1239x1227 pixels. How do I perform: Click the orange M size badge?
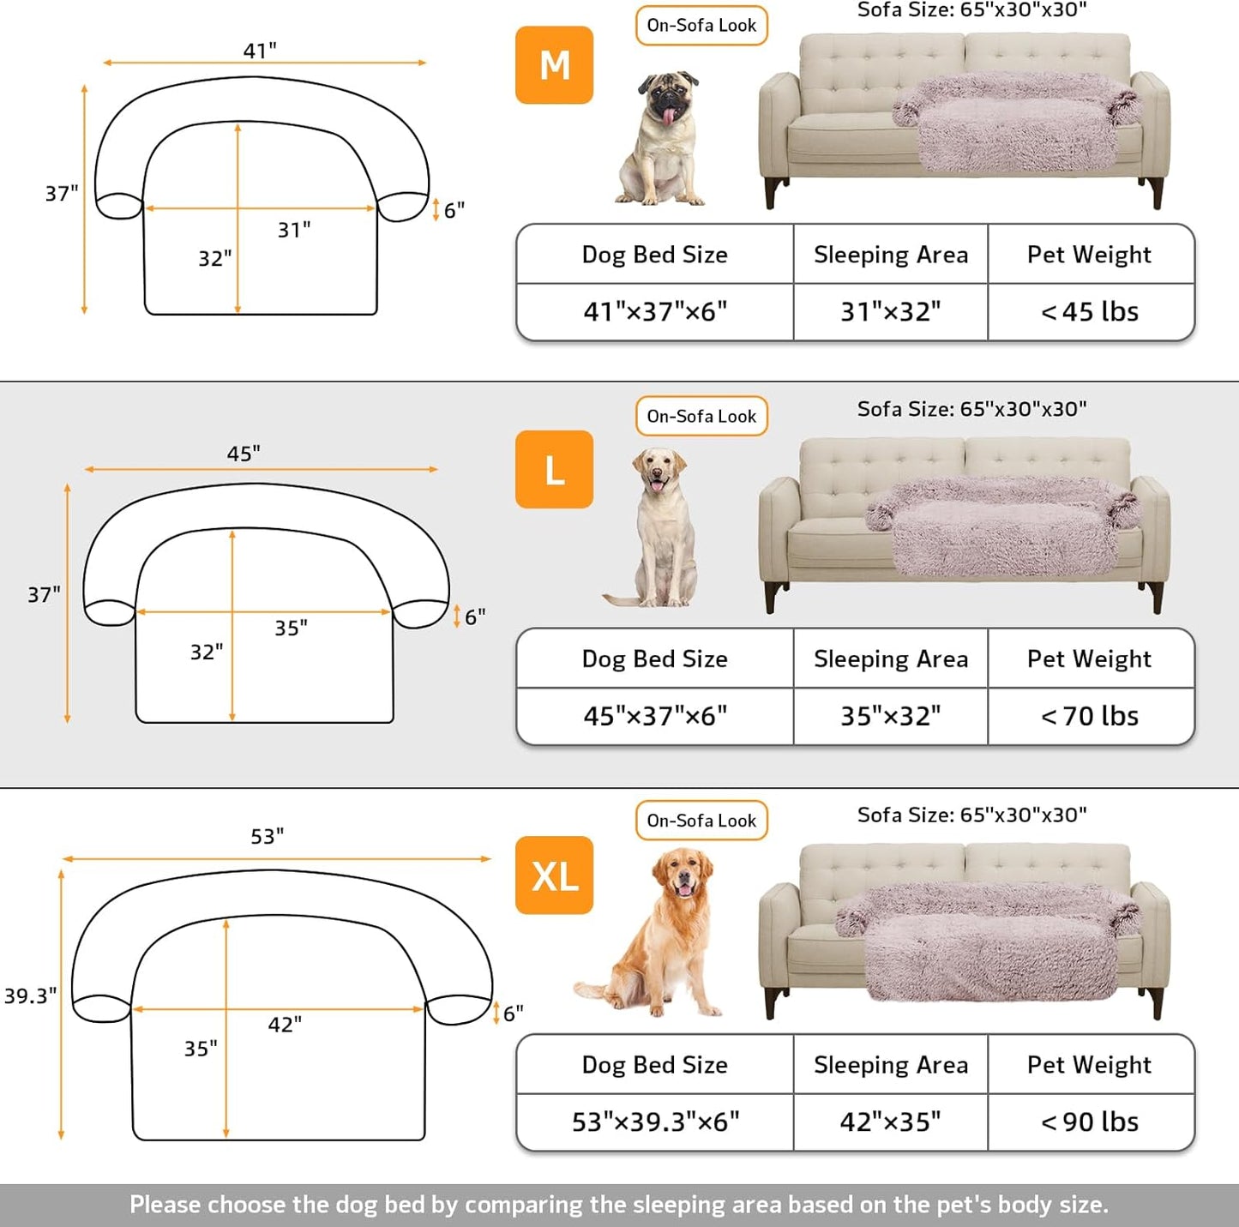(554, 65)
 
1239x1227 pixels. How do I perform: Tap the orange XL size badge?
(554, 875)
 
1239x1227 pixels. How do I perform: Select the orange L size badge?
(554, 470)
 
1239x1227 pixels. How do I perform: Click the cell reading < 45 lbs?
(1090, 312)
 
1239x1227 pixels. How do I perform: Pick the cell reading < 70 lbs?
(1090, 716)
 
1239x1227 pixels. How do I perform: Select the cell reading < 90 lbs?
(1090, 1122)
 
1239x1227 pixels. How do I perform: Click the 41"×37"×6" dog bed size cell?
(655, 312)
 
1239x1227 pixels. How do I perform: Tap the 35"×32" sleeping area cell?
(890, 716)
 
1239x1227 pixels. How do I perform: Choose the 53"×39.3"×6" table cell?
(655, 1122)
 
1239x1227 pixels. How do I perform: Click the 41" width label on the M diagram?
(260, 51)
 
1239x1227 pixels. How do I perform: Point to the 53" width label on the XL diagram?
(268, 836)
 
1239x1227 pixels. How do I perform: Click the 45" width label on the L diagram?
(244, 454)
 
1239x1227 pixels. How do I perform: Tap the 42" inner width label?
(285, 1025)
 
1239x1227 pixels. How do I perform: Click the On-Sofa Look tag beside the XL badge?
(701, 821)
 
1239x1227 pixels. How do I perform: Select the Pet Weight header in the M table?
(1089, 255)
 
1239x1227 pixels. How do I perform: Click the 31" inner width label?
(294, 230)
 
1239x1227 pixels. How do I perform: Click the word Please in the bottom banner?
(165, 1205)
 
